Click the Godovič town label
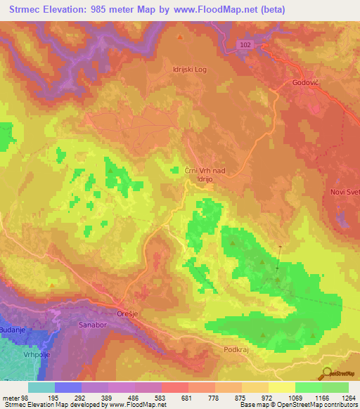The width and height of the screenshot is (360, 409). point(307,83)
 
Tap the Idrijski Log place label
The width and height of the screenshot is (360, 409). point(188,70)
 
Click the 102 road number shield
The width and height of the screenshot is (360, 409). point(243,43)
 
